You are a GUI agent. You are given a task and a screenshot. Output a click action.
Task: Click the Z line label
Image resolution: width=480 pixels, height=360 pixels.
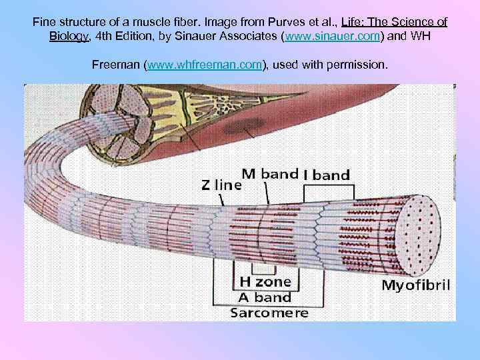click(x=221, y=185)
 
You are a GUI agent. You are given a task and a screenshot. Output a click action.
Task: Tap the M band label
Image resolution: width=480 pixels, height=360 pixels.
click(x=269, y=173)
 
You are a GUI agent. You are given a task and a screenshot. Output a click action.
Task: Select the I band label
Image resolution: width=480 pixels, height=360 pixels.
click(x=327, y=175)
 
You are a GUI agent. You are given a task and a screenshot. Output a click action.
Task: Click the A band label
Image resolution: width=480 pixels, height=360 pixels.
click(x=261, y=297)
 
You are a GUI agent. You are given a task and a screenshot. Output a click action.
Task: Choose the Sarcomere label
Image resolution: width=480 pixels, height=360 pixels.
click(x=269, y=312)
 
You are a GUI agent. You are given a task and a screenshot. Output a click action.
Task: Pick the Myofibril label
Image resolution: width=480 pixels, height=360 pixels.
click(x=415, y=286)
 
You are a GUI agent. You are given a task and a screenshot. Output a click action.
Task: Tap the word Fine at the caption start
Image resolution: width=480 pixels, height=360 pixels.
click(x=44, y=22)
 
